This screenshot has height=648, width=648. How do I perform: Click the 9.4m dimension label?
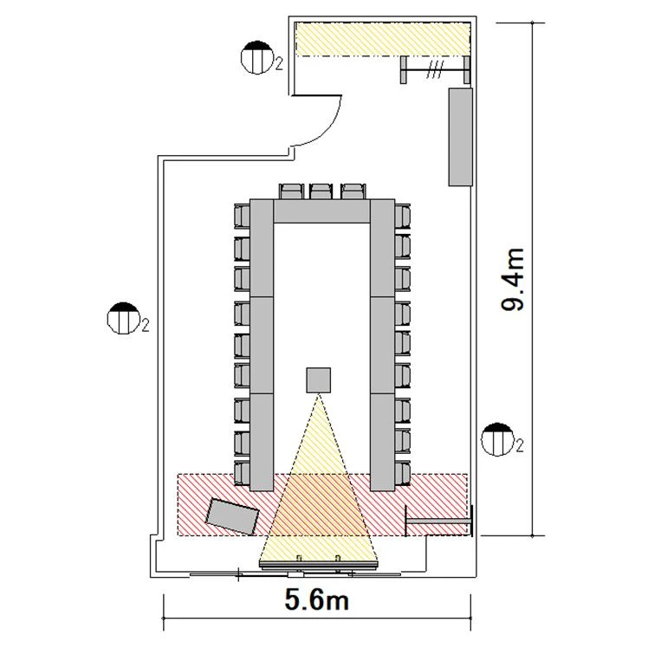tap(513, 279)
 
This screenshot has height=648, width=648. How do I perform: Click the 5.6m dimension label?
tap(316, 599)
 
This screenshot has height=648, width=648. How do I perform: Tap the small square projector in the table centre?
tap(318, 379)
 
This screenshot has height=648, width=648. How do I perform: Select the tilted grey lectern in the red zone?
tap(232, 516)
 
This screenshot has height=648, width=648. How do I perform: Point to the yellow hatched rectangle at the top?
tap(383, 39)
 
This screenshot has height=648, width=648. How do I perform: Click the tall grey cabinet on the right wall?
tap(460, 137)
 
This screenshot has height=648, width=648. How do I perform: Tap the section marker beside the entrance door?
tap(257, 57)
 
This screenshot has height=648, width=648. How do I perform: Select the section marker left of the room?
tap(123, 318)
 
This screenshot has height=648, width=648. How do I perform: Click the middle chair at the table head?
tap(322, 192)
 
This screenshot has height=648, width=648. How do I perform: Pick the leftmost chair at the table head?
tap(291, 192)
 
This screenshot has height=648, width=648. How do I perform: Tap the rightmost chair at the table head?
tap(353, 192)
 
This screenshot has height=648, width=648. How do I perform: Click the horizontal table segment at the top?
tap(321, 211)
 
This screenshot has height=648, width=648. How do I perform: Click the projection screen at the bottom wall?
tap(318, 564)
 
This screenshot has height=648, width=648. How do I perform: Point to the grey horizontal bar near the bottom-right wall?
tap(439, 522)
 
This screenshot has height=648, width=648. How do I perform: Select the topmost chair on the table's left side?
tap(243, 216)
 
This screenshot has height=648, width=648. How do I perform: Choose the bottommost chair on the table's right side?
tap(402, 473)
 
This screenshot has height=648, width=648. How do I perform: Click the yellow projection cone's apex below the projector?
tap(318, 395)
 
